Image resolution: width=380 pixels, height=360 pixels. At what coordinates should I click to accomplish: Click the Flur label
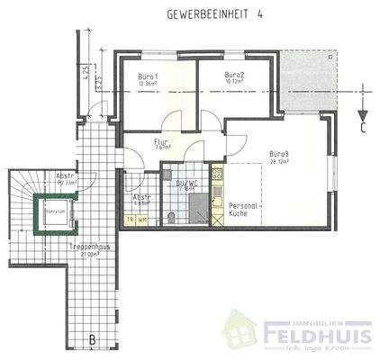click(162, 142)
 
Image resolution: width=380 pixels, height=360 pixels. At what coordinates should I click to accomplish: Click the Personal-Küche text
click(244, 210)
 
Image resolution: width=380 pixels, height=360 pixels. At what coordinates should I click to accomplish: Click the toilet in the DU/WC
click(171, 217)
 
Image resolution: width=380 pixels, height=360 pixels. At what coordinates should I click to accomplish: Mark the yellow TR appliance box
click(130, 219)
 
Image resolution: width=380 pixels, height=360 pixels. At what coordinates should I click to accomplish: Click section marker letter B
click(92, 339)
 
